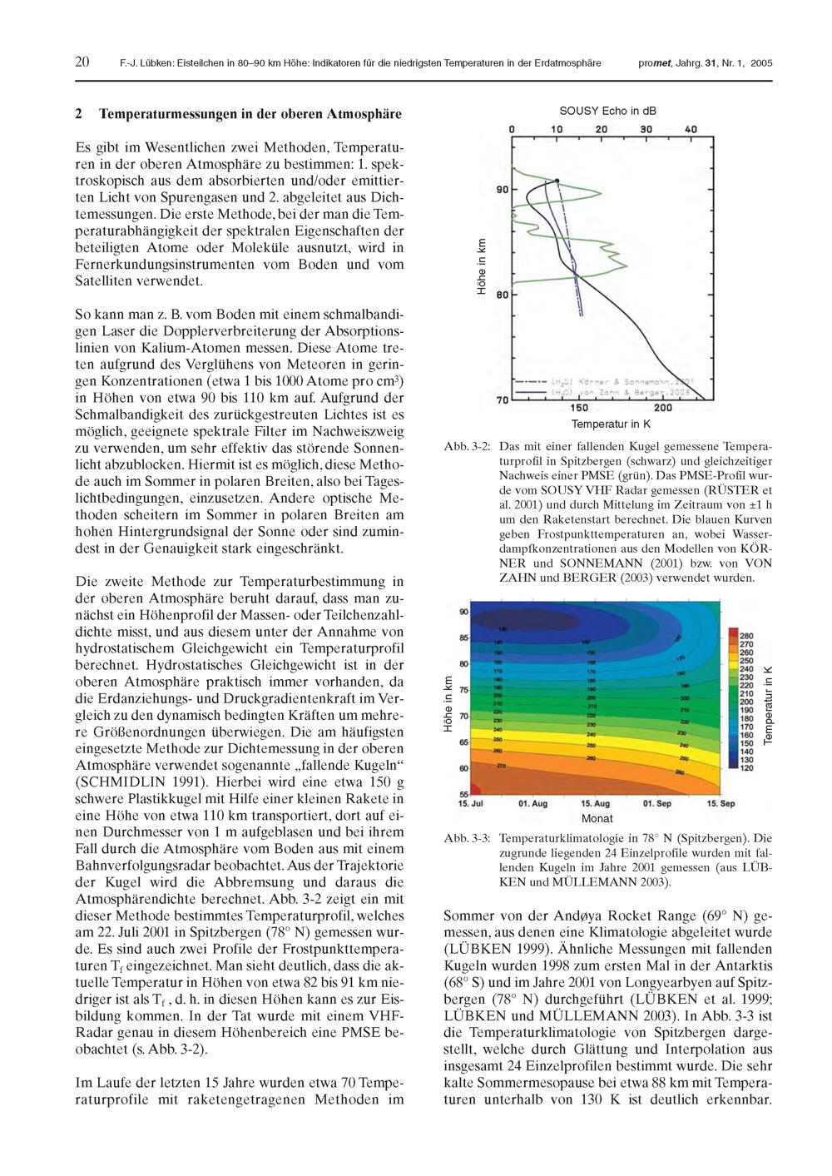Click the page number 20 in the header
click(82, 62)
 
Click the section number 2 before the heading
click(79, 113)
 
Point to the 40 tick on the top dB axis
click(691, 129)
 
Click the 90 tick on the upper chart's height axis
click(502, 190)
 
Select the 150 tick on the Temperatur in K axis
click(580, 409)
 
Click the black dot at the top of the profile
click(557, 181)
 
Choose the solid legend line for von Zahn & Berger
click(531, 390)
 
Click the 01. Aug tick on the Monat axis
click(532, 803)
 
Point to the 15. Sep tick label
click(721, 803)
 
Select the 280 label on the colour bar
click(745, 634)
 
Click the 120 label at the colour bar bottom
click(745, 768)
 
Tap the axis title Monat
click(597, 818)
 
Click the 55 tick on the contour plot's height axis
click(463, 793)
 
